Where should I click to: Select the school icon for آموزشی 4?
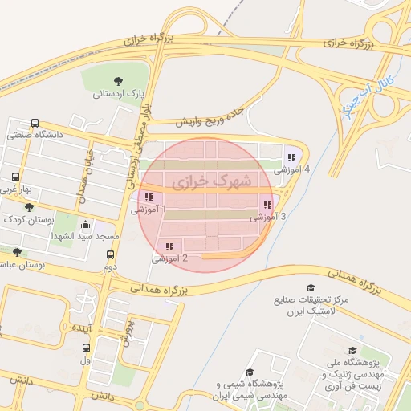[x=291, y=157]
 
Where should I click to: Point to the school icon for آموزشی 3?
[x=267, y=205]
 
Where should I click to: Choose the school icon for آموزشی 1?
[x=148, y=197]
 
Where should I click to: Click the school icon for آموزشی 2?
[x=169, y=246]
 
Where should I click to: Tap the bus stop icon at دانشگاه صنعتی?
[x=35, y=123]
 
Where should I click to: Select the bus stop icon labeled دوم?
[x=110, y=254]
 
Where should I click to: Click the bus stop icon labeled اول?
[x=86, y=348]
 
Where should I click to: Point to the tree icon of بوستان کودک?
[x=29, y=207]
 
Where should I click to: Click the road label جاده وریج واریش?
[x=206, y=117]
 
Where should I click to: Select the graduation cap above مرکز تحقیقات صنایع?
[x=310, y=287]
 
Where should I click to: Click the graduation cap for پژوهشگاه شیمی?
[x=250, y=372]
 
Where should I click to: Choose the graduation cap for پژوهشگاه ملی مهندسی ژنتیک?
[x=352, y=350]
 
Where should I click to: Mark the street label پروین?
[x=127, y=329]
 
